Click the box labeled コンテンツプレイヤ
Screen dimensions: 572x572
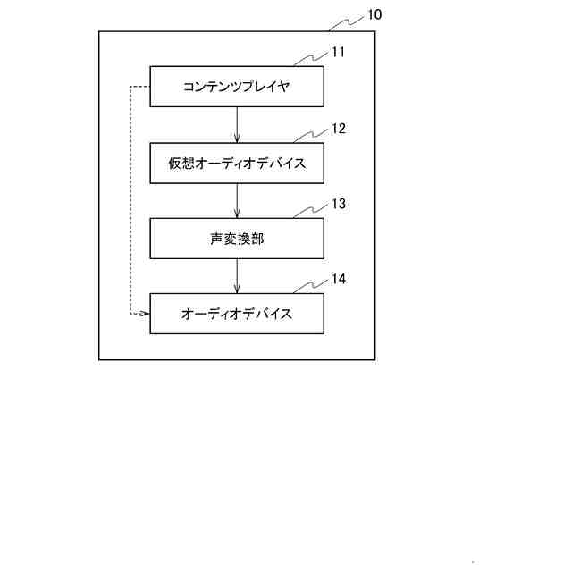pyautogui.click(x=237, y=87)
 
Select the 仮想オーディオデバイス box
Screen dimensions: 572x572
pyautogui.click(x=237, y=164)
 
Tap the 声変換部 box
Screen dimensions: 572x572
pyautogui.click(x=237, y=239)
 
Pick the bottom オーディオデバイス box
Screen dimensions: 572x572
pyautogui.click(x=237, y=314)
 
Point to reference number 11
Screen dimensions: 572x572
pyautogui.click(x=338, y=52)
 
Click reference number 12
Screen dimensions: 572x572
pyautogui.click(x=338, y=128)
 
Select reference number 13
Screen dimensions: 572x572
pyautogui.click(x=338, y=204)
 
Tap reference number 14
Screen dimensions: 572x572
pyautogui.click(x=338, y=279)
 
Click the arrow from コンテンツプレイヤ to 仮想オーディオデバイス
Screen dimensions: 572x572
pyautogui.click(x=237, y=125)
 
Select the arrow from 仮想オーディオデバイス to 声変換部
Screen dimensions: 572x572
pyautogui.click(x=237, y=201)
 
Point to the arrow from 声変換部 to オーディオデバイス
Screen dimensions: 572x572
pyautogui.click(x=237, y=276)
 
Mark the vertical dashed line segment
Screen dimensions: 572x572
pyautogui.click(x=130, y=200)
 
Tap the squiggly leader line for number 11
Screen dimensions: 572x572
pyautogui.click(x=308, y=60)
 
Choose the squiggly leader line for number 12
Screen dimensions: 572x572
pyautogui.click(x=308, y=136)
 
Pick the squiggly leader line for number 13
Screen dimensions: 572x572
pyautogui.click(x=308, y=212)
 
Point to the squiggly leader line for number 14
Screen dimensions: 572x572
pyautogui.click(x=308, y=287)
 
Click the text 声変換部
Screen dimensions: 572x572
pyautogui.click(x=237, y=240)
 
